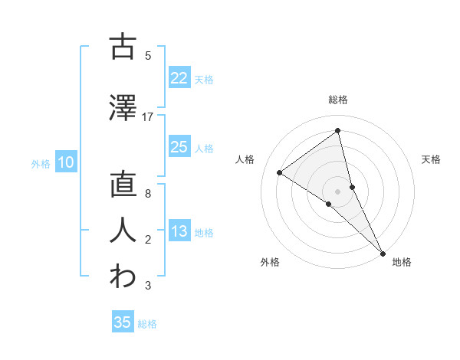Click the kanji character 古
click(123, 47)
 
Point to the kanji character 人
click(123, 231)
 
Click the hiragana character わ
click(123, 277)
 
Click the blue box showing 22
click(179, 77)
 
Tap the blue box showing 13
click(179, 231)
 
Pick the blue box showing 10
click(65, 162)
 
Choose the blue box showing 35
click(122, 322)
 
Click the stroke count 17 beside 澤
click(148, 117)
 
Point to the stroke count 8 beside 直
click(147, 194)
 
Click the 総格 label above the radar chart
click(338, 100)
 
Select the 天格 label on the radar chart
click(432, 159)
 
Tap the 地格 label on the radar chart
click(402, 262)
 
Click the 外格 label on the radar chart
click(270, 262)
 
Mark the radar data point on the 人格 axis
click(280, 172)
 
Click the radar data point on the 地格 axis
click(383, 252)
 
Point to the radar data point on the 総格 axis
click(338, 131)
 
